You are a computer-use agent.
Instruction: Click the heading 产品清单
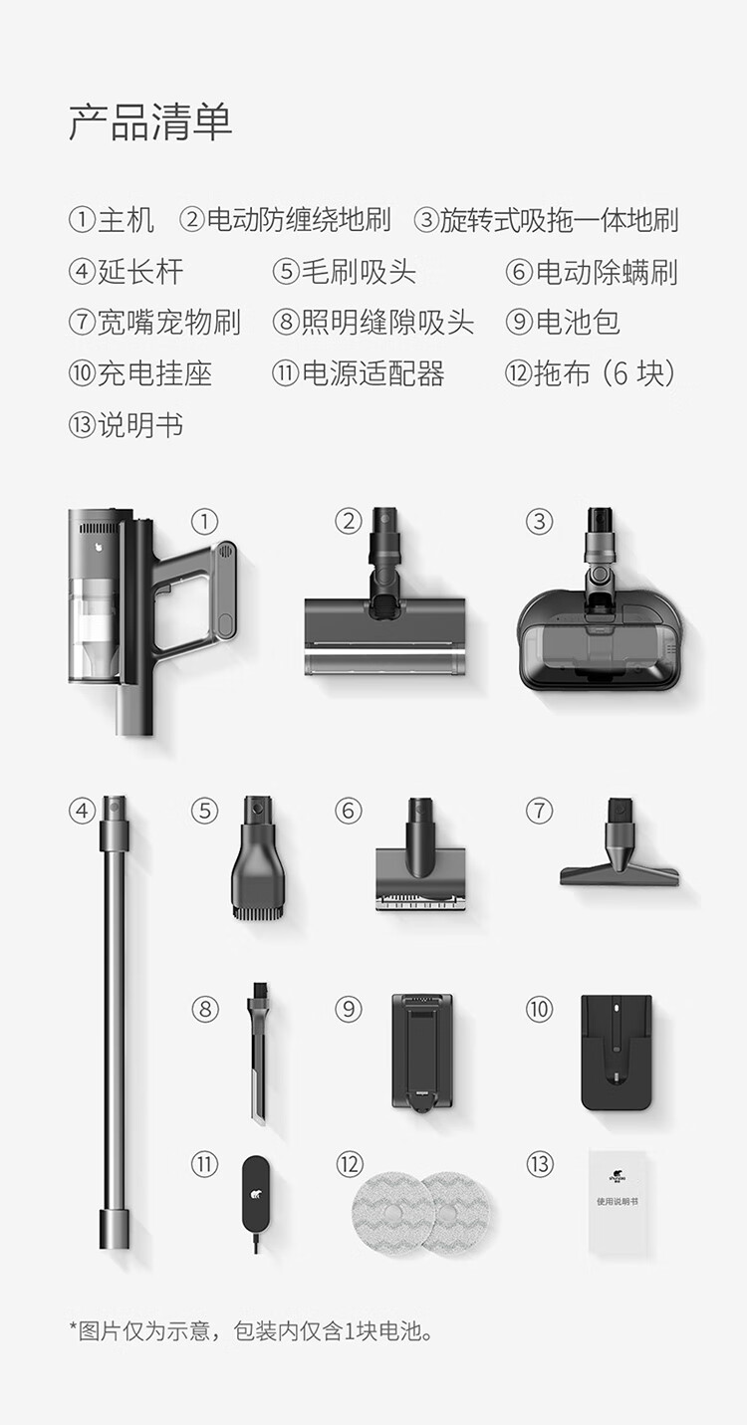pyautogui.click(x=150, y=121)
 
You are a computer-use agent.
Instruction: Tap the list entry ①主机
pyautogui.click(x=112, y=220)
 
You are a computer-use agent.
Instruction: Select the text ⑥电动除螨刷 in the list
pyautogui.click(x=592, y=272)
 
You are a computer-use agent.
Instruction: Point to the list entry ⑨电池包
pyautogui.click(x=563, y=322)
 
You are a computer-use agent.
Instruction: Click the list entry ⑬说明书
pyautogui.click(x=125, y=424)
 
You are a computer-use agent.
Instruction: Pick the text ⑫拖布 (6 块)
pyautogui.click(x=590, y=373)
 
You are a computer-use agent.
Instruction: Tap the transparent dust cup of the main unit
pyautogui.click(x=95, y=629)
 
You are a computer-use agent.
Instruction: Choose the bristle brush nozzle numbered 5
pyautogui.click(x=255, y=855)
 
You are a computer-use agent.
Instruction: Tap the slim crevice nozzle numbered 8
pyautogui.click(x=258, y=1051)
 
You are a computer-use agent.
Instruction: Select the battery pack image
pyautogui.click(x=422, y=1052)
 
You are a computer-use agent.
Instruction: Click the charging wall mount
pyautogui.click(x=616, y=1053)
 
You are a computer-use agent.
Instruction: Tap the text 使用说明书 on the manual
pyautogui.click(x=618, y=1202)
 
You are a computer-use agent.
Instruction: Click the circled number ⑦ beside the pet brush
pyautogui.click(x=539, y=812)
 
